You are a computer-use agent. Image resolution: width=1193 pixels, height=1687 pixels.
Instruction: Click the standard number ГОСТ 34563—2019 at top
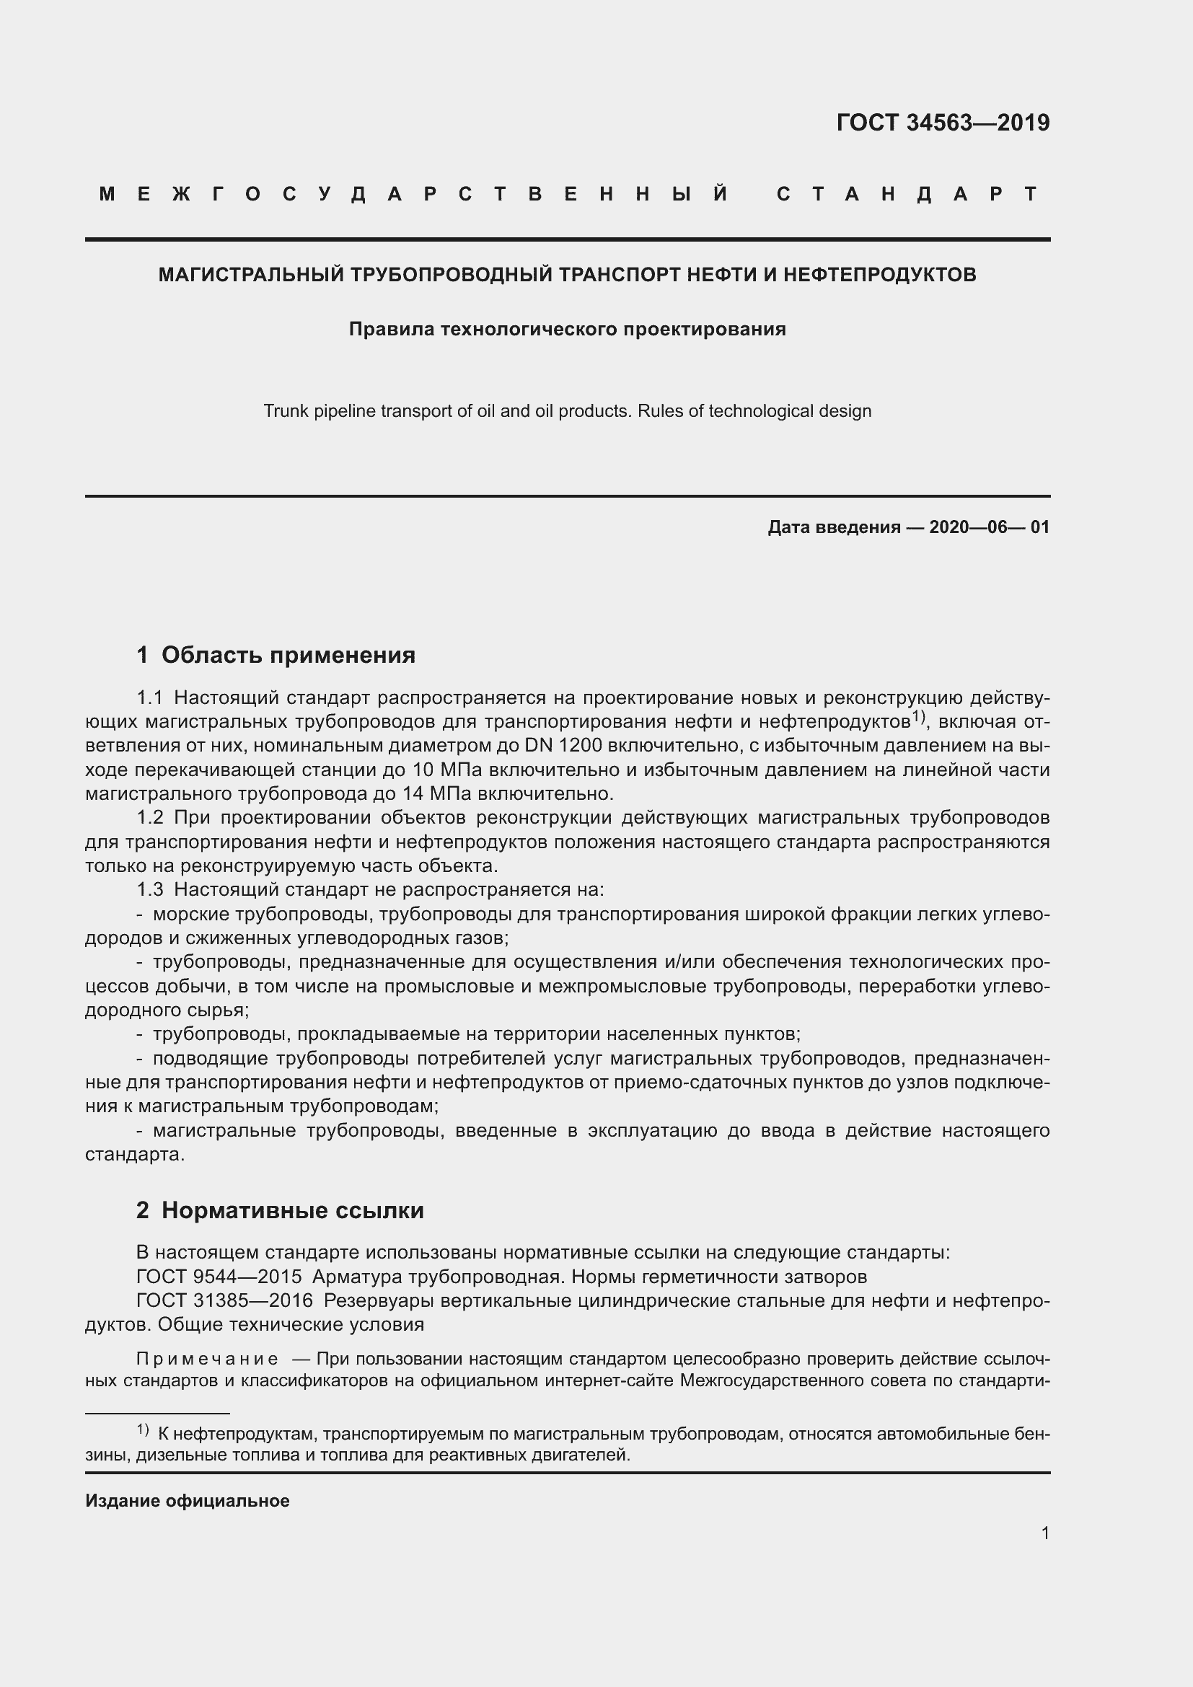[943, 123]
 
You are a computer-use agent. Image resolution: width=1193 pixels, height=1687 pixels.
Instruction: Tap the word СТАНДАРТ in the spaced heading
[907, 194]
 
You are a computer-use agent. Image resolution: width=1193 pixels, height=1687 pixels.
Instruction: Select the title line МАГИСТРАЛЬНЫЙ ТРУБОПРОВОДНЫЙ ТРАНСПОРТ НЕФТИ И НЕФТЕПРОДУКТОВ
[567, 275]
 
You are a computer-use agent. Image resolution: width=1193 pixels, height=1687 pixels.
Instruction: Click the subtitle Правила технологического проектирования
[567, 329]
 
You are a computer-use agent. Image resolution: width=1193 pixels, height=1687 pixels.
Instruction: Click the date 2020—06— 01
[989, 527]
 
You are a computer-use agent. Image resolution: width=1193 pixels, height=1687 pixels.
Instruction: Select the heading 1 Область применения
[276, 655]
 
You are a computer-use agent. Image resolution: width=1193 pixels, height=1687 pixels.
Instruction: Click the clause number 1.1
[150, 697]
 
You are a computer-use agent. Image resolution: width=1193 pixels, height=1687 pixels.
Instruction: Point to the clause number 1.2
[150, 818]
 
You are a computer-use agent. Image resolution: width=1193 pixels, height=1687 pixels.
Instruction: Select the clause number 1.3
[150, 890]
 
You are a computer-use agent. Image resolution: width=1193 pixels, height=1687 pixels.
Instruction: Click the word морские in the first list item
[190, 914]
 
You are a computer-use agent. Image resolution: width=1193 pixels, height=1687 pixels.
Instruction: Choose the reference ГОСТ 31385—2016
[225, 1300]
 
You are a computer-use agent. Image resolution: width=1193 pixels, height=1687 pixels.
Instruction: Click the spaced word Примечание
[208, 1360]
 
